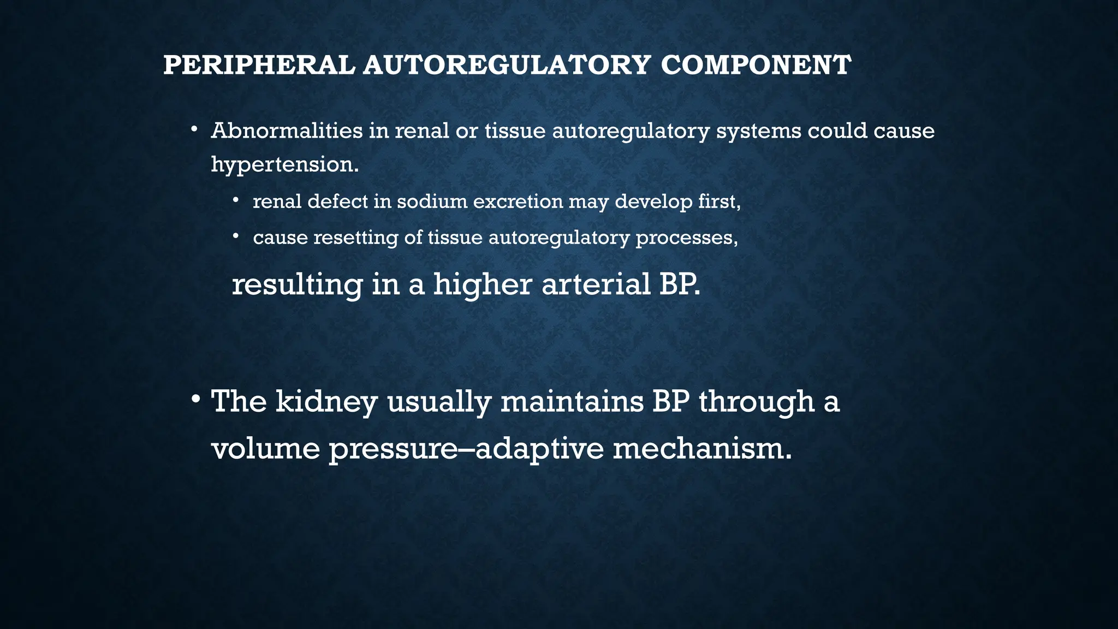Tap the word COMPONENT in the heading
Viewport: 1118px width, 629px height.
[756, 66]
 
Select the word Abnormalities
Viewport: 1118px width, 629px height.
[287, 131]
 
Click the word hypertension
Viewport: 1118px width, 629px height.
[284, 165]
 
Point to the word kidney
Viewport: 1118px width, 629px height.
[326, 402]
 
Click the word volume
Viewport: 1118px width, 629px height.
[265, 449]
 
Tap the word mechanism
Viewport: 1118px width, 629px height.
[701, 449]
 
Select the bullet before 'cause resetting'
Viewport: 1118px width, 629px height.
[236, 236]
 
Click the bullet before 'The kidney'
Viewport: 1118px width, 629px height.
[195, 400]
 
